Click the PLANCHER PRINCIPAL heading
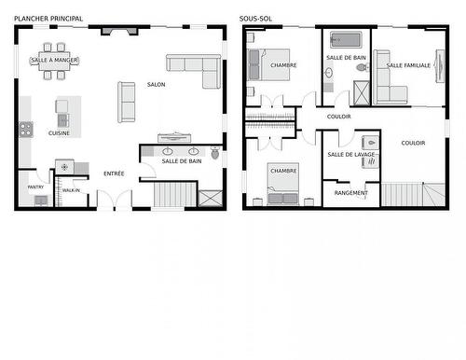coord(48,19)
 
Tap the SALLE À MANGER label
coord(55,61)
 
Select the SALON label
coord(156,85)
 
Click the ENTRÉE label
coord(114,173)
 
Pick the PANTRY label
coord(35,187)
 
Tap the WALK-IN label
coord(71,190)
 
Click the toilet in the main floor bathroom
coord(214,153)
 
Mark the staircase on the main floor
coord(172,195)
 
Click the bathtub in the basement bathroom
coord(345,40)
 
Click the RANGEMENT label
coord(350,193)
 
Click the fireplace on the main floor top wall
coord(117,31)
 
